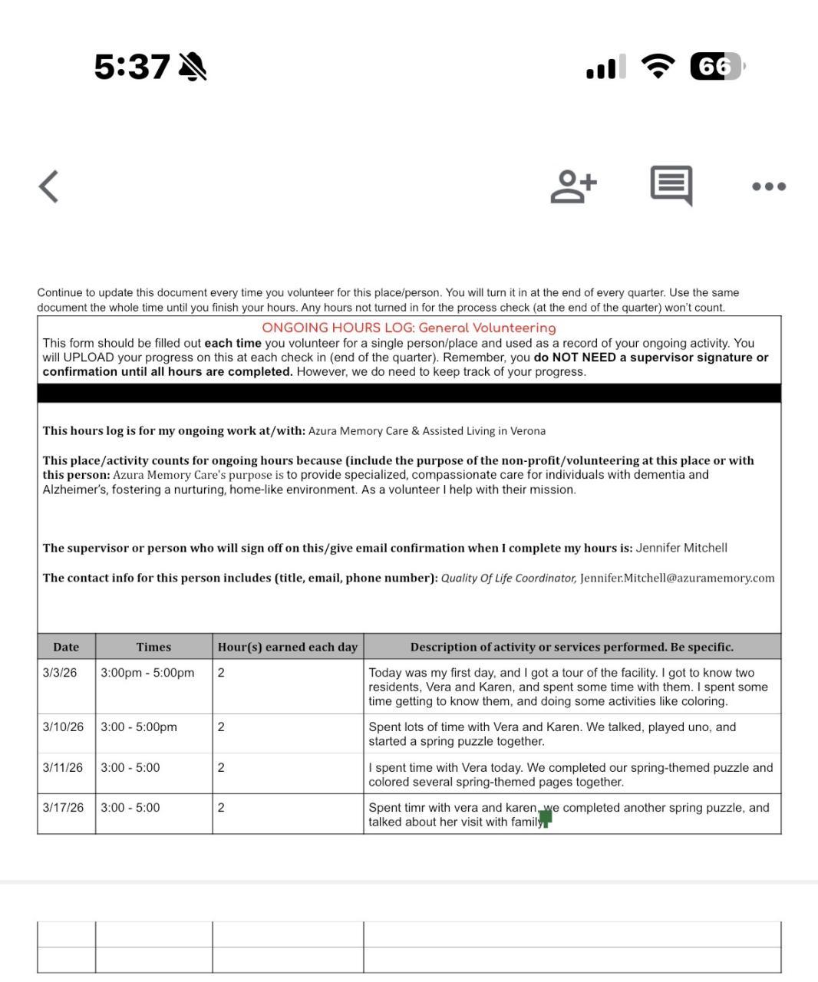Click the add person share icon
click(573, 186)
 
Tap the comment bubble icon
click(671, 186)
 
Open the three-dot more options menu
click(769, 186)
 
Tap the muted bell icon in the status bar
click(193, 68)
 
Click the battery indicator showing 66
click(717, 67)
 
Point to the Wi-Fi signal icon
click(658, 67)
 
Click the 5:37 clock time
click(131, 68)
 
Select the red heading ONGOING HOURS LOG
click(408, 328)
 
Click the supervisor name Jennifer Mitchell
click(681, 548)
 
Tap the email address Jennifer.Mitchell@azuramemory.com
click(677, 578)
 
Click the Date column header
click(66, 647)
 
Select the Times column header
click(153, 647)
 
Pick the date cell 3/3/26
click(60, 673)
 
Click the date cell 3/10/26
click(63, 727)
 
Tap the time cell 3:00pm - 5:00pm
click(147, 673)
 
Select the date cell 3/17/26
click(63, 807)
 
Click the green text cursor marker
click(546, 818)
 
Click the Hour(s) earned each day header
click(288, 647)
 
